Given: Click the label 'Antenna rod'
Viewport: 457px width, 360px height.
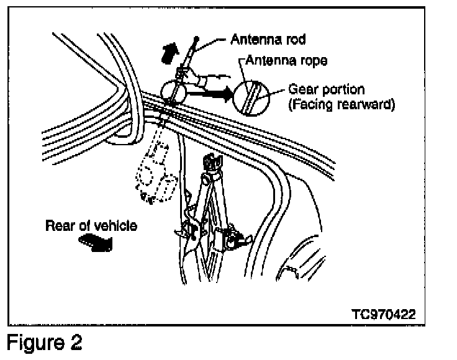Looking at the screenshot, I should click(268, 39).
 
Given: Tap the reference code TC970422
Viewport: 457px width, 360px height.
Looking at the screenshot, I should click(379, 313).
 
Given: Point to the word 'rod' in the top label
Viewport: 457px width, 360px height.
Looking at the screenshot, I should click(295, 39).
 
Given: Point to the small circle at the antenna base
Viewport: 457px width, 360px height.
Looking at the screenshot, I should click(173, 92).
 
